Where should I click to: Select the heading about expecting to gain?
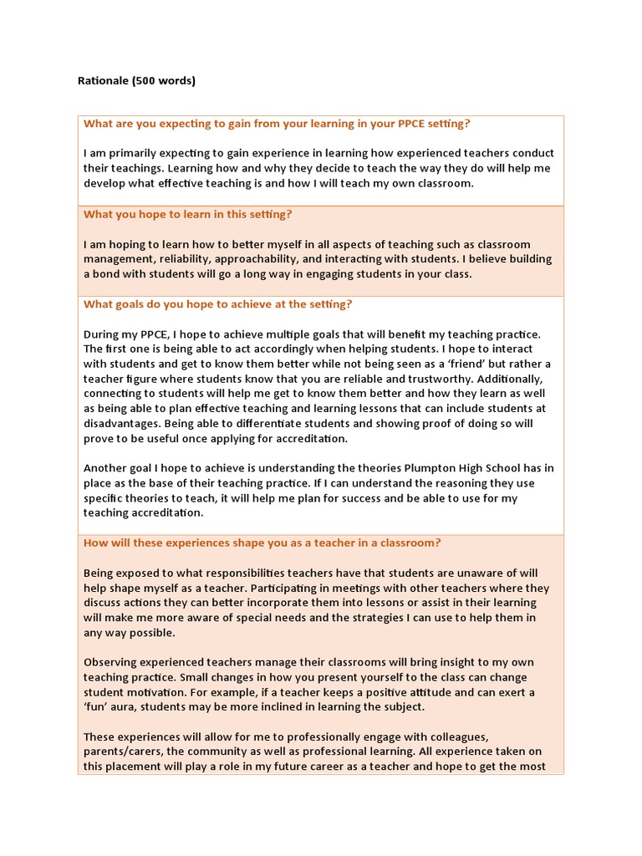[x=277, y=124]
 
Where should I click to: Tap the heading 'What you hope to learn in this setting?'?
[x=187, y=214]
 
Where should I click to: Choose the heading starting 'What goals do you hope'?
[x=217, y=304]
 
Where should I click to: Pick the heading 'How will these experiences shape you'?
[x=262, y=543]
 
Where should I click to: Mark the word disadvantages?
[x=122, y=424]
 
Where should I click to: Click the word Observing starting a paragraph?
[x=111, y=661]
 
